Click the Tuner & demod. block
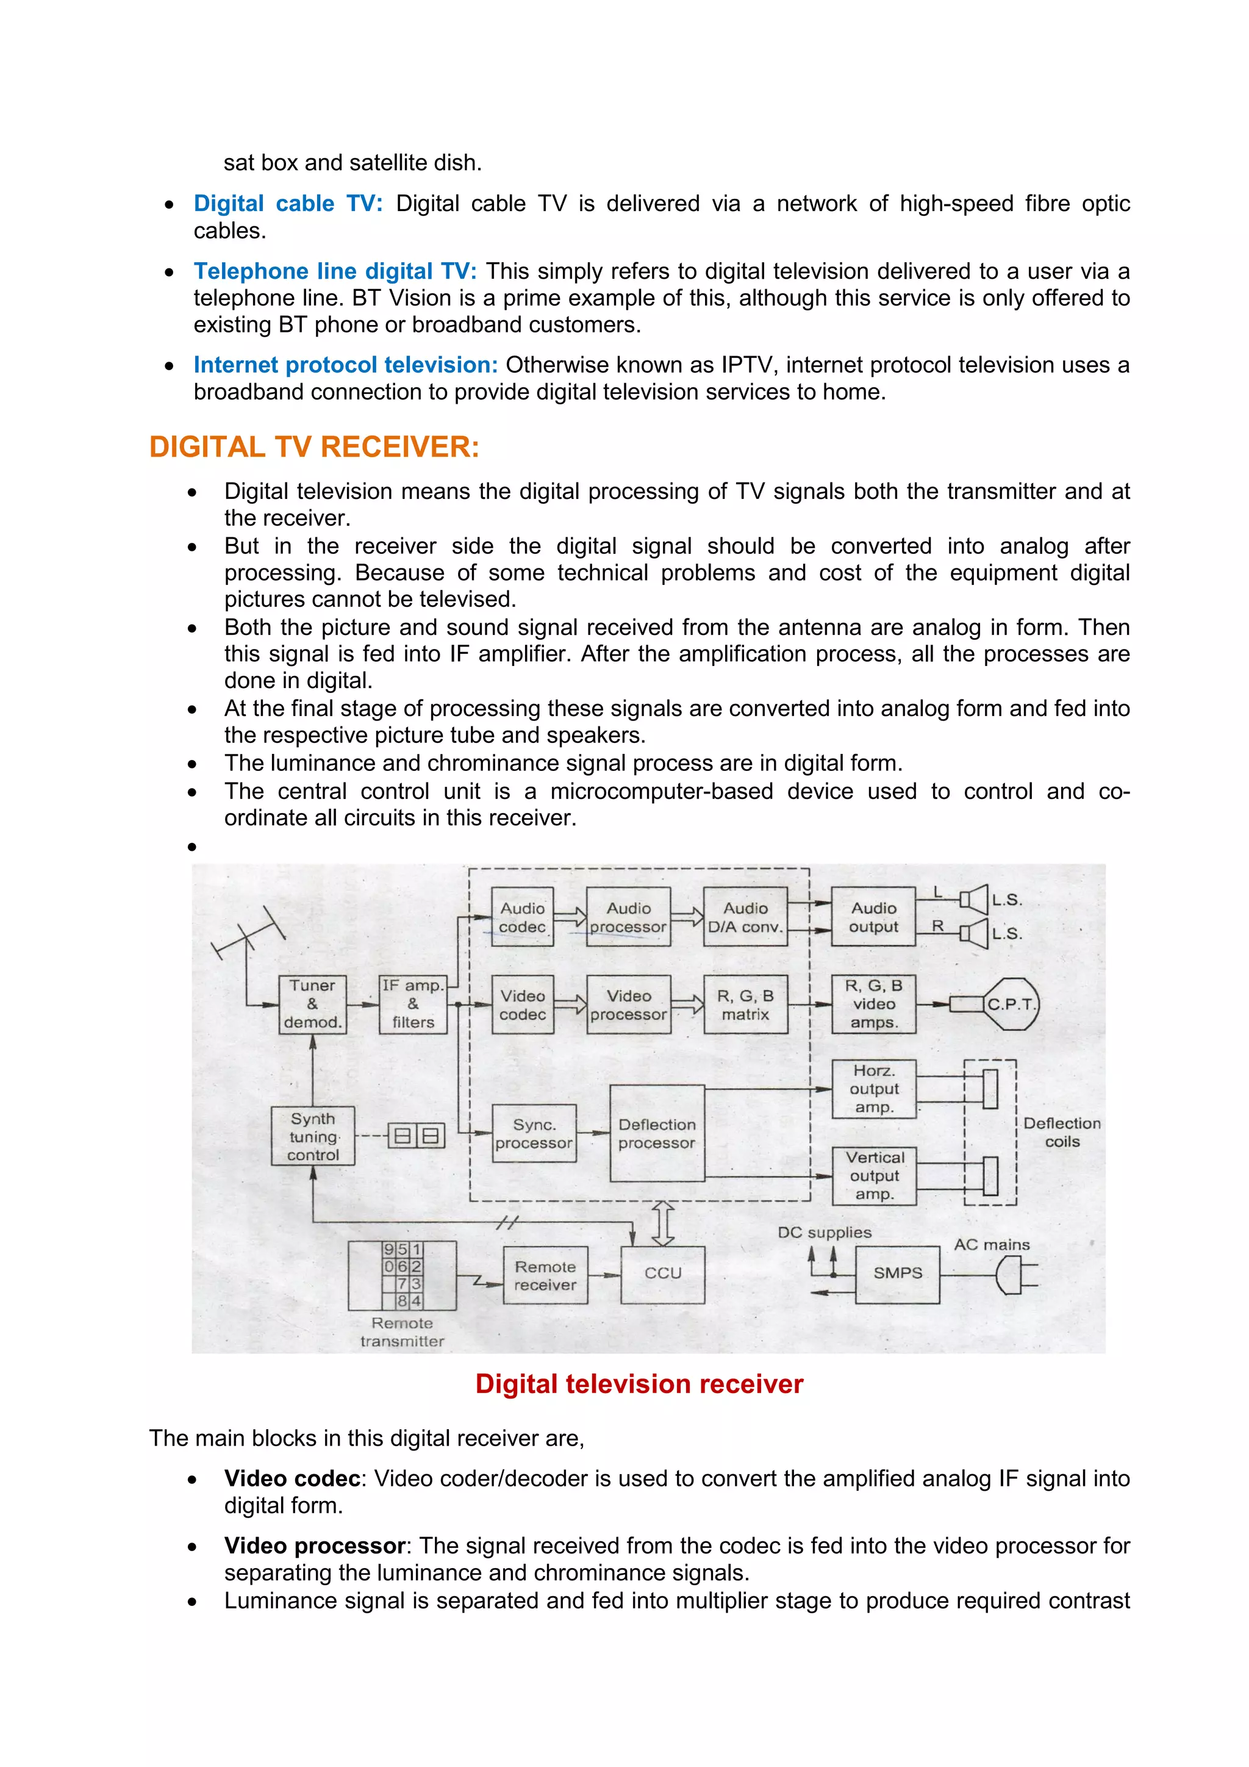[x=312, y=1003]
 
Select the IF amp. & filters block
[x=413, y=1003]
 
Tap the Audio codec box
[x=523, y=917]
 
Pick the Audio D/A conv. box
[x=745, y=917]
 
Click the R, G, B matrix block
[x=745, y=1005]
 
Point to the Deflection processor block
[x=656, y=1133]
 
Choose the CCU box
[x=662, y=1273]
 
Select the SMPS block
[x=897, y=1273]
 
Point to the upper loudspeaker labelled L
[x=975, y=899]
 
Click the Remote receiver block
[x=545, y=1275]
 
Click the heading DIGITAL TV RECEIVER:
[x=314, y=447]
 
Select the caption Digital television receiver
[x=639, y=1384]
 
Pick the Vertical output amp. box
[x=874, y=1176]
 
